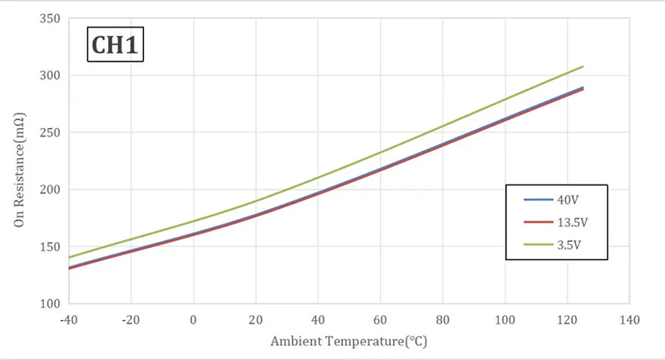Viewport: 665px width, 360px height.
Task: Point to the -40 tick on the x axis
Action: pos(68,320)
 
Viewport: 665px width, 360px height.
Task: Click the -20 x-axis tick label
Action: pos(131,320)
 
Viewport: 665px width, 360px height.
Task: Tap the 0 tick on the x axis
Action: pos(194,320)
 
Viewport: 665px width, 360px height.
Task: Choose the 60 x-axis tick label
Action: pos(381,320)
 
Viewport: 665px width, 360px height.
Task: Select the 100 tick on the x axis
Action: pos(505,320)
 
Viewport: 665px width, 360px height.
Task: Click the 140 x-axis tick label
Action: pos(629,320)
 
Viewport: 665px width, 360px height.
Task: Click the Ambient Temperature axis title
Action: pos(348,342)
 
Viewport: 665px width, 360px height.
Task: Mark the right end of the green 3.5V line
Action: pos(583,67)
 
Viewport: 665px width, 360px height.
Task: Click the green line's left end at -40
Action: pos(69,257)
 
